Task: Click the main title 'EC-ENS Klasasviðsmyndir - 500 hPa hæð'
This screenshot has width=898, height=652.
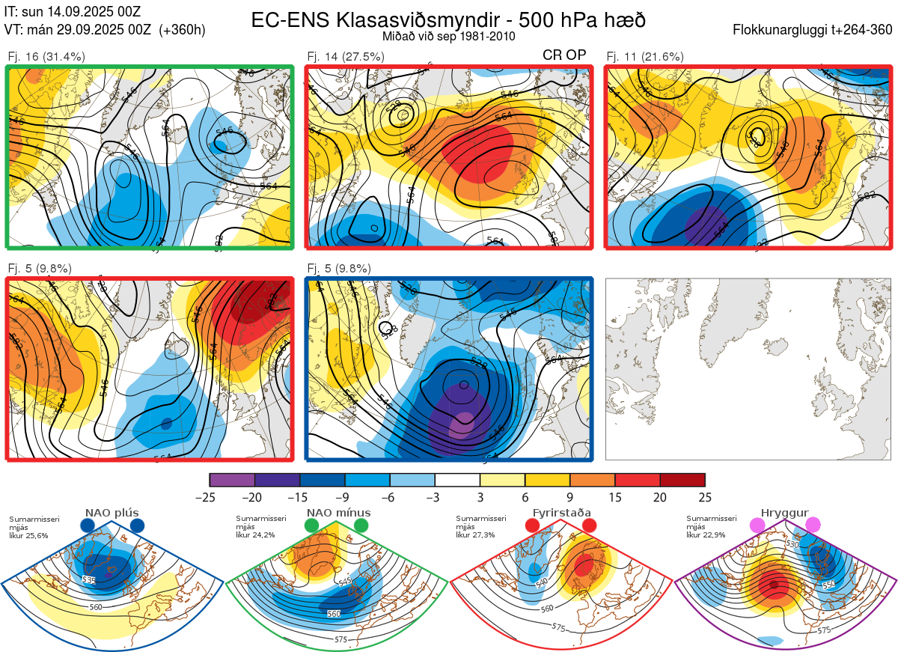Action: coord(448,20)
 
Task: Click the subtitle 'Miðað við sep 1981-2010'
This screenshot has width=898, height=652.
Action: coord(448,36)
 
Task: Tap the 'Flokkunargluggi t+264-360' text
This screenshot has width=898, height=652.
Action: coord(814,30)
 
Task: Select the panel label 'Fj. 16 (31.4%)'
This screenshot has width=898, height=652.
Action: coord(46,56)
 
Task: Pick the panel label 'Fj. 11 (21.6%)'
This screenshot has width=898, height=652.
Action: coord(644,56)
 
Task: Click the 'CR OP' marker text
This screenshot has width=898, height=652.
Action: coord(563,55)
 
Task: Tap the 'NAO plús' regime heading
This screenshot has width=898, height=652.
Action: coord(112,513)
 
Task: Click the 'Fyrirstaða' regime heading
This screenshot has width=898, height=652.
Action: coord(561,513)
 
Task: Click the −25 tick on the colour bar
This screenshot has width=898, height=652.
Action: coord(210,497)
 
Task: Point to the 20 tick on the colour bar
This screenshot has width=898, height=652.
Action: coord(660,497)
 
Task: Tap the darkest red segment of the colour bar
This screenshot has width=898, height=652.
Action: coord(682,480)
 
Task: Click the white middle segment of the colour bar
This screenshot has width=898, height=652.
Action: coord(457,480)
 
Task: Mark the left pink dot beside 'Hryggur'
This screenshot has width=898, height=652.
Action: coord(758,525)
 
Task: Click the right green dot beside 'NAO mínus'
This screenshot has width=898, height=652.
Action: coord(362,525)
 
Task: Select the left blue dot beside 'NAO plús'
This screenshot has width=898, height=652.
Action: coord(87,525)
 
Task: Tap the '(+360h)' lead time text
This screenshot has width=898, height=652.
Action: coord(182,30)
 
